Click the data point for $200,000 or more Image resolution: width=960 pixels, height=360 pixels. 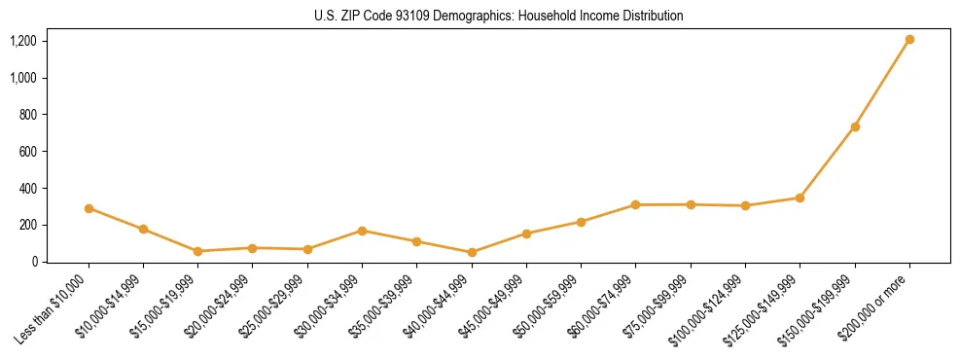909,40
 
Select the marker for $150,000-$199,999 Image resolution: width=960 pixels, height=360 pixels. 855,126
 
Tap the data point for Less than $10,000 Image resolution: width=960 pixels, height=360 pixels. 89,208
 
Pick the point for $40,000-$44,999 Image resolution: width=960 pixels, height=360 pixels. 472,252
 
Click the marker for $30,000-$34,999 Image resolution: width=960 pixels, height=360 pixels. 362,231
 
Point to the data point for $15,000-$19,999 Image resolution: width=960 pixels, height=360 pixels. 197,251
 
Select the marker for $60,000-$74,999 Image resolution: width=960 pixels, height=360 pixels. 635,205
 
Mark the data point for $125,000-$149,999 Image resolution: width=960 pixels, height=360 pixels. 800,198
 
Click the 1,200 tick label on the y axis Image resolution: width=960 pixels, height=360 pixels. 23,41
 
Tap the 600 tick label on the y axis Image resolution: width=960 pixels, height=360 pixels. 28,151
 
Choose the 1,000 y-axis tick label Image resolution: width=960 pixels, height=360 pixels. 23,78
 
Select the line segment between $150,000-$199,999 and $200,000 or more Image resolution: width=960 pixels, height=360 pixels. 882,84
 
